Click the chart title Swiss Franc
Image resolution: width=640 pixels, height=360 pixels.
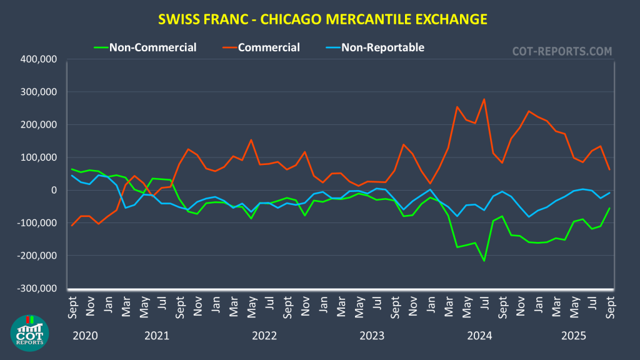pyautogui.click(x=320, y=19)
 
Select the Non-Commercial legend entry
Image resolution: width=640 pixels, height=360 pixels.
pyautogui.click(x=152, y=47)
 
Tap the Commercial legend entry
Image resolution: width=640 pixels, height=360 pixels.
pyautogui.click(x=269, y=47)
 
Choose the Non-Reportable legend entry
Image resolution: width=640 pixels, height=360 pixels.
pyautogui.click(x=382, y=47)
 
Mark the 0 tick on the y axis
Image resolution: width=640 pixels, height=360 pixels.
pyautogui.click(x=54, y=190)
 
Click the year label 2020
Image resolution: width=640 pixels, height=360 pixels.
pyautogui.click(x=86, y=336)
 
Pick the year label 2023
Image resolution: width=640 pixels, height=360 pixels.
pyautogui.click(x=372, y=336)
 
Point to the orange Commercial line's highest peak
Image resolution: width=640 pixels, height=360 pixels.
pyautogui.click(x=484, y=99)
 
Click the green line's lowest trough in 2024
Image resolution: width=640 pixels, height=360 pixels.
pyautogui.click(x=484, y=261)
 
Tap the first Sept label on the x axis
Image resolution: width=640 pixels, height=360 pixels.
pyautogui.click(x=72, y=304)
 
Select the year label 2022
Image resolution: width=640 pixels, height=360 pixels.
pyautogui.click(x=264, y=336)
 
